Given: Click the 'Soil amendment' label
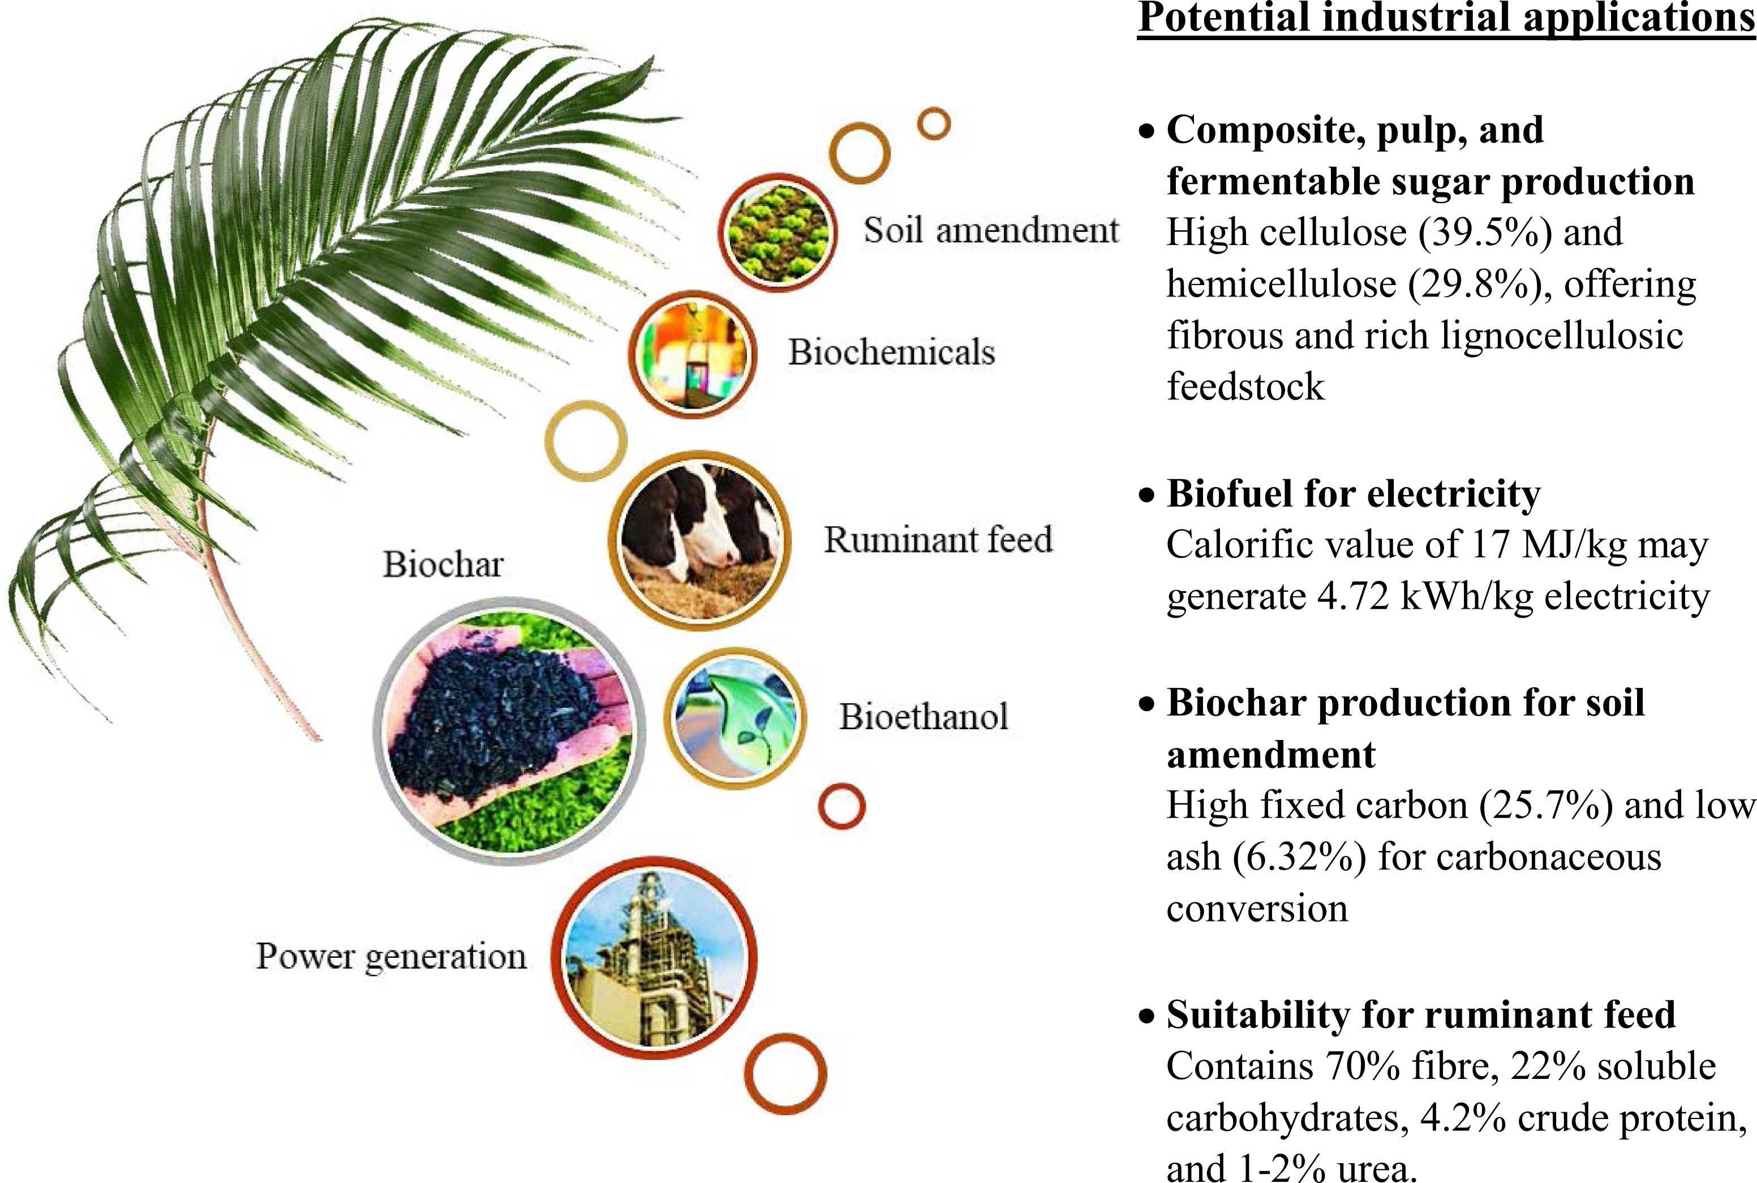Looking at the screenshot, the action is coord(990,230).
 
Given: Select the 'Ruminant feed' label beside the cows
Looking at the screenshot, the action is coord(938,539).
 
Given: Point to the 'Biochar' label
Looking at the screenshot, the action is coord(443,563).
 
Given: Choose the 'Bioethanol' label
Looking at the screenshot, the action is coord(923,716).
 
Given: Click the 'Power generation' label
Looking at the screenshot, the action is coord(391,957).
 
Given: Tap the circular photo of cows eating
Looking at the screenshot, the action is coord(699,540).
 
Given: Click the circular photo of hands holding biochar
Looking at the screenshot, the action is coord(509,730).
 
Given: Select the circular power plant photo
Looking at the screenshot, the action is coord(654,958).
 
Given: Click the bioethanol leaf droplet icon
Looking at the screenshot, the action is coord(735,717).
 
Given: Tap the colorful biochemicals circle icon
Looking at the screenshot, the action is coord(692,354).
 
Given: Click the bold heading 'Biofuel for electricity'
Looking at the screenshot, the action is coord(1354,493).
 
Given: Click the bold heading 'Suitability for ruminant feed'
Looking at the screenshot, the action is coord(1421,1014).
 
